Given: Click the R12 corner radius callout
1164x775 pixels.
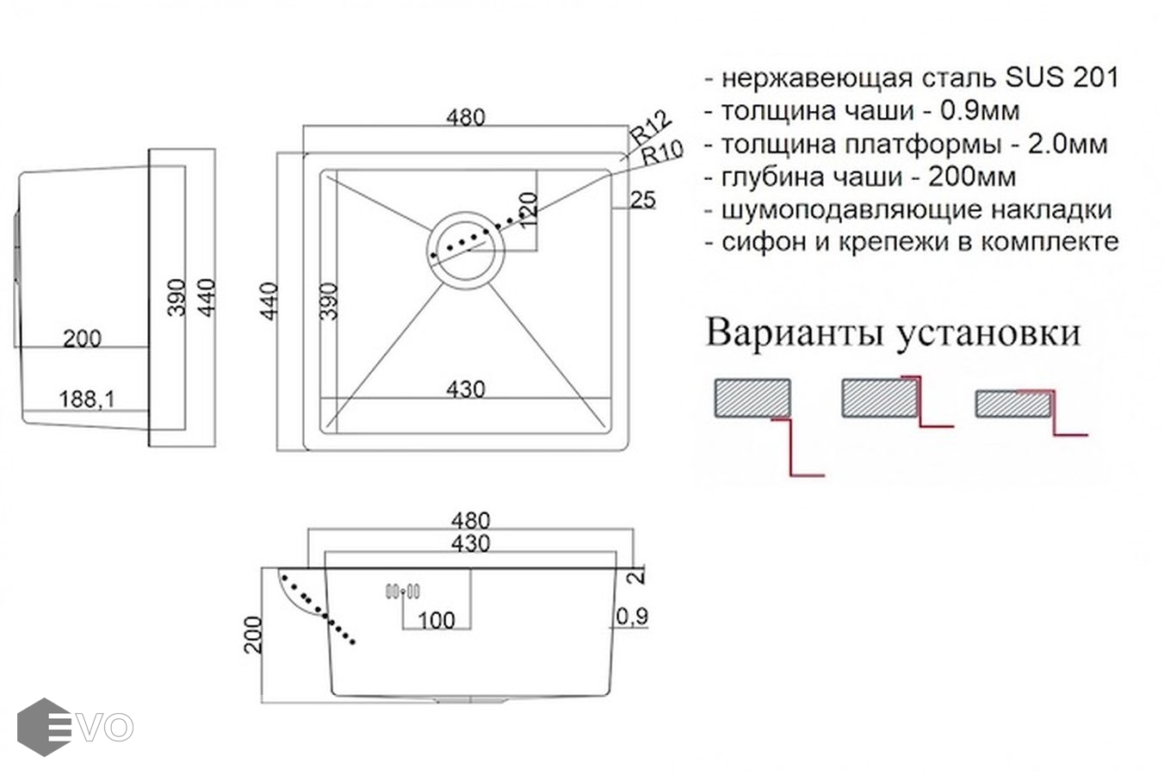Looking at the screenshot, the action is tap(650, 127).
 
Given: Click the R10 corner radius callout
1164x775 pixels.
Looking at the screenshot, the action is tap(662, 152).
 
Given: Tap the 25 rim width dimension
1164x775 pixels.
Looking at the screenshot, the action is tap(643, 200).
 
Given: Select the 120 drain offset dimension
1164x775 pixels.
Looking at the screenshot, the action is tap(528, 210).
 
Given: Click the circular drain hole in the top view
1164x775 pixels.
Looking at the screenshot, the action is tap(466, 212).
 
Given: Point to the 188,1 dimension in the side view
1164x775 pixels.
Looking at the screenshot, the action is tap(87, 400).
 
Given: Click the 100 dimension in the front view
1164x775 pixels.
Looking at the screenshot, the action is tap(436, 620).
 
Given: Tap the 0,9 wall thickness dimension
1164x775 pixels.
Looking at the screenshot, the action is tap(632, 617).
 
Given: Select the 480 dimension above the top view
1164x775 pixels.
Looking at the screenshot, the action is tap(466, 117).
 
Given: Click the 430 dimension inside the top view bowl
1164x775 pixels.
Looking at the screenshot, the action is tap(466, 389).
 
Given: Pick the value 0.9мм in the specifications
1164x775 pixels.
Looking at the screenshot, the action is tap(980, 111).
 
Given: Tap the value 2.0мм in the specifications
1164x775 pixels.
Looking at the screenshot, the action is tap(1068, 144).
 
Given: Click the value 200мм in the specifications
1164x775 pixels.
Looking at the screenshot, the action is tap(972, 177).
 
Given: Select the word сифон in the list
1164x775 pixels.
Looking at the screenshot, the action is tap(763, 242).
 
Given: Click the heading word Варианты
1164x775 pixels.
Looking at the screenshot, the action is tap(795, 332).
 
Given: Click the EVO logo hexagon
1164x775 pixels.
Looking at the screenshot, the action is tap(44, 727).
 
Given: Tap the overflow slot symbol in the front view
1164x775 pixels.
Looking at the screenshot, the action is tap(402, 591).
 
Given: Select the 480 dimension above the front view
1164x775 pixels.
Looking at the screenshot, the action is tap(470, 520).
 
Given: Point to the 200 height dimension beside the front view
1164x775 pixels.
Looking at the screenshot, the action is tap(253, 635).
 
